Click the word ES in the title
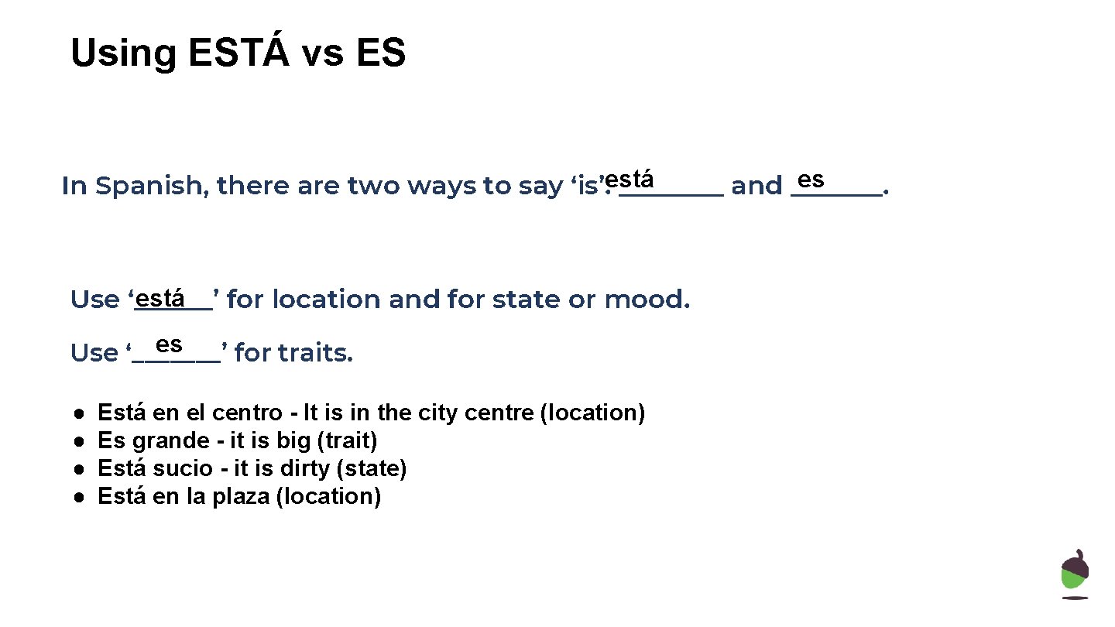pyautogui.click(x=381, y=53)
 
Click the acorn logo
pyautogui.click(x=1075, y=574)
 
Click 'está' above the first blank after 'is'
pyautogui.click(x=630, y=180)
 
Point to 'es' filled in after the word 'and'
pyautogui.click(x=810, y=180)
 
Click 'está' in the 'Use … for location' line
pyautogui.click(x=164, y=297)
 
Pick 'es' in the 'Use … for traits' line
pyautogui.click(x=169, y=344)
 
